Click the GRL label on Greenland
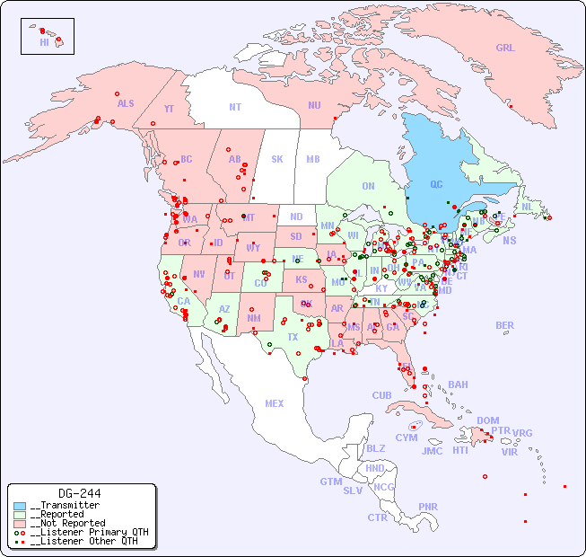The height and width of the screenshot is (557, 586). (505, 48)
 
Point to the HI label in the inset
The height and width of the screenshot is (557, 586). (44, 42)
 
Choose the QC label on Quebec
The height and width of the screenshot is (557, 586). (436, 185)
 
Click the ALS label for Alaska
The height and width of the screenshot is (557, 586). (126, 103)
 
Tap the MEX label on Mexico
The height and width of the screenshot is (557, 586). (275, 403)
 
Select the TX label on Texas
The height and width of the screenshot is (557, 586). (293, 337)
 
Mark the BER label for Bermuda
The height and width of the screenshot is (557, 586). (504, 325)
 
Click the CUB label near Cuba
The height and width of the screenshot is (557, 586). (381, 395)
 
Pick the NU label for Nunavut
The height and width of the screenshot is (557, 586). (314, 105)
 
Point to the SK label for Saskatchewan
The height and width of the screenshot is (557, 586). (277, 159)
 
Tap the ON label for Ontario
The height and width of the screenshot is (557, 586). (368, 186)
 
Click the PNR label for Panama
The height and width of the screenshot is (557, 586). (428, 507)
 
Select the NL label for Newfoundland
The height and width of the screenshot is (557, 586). (527, 206)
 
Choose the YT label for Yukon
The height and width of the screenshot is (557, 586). (169, 109)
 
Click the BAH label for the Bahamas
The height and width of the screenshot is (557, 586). (458, 385)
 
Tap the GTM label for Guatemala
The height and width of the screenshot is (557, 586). (330, 482)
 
